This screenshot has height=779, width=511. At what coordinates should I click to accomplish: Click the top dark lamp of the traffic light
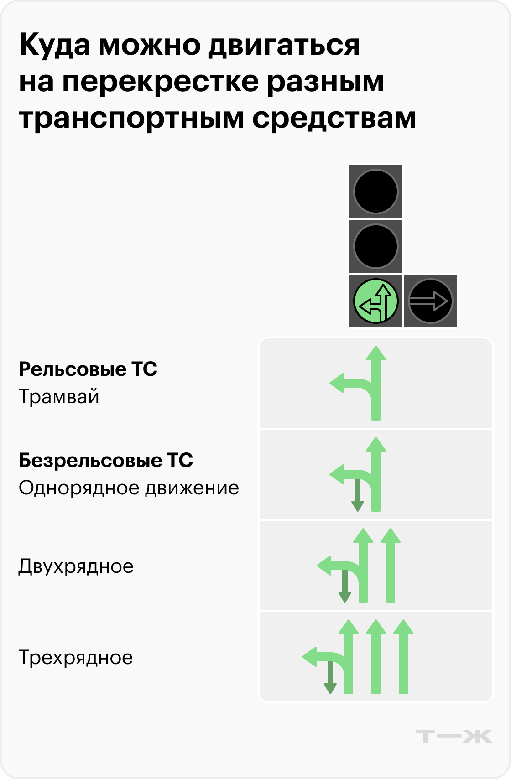click(x=376, y=192)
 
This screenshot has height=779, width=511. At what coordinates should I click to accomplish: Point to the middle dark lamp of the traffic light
click(x=376, y=246)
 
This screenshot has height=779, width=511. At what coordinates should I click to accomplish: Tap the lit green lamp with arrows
click(x=376, y=301)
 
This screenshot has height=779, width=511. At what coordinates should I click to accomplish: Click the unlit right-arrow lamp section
click(x=430, y=301)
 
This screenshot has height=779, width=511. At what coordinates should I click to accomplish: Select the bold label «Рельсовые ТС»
click(x=88, y=369)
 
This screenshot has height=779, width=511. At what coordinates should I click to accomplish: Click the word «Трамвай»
click(x=59, y=397)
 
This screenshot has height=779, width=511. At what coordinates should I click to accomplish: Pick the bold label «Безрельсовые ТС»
click(x=106, y=461)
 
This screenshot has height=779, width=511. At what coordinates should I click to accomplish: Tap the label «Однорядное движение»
click(x=129, y=488)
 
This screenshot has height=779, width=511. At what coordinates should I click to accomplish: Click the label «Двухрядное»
click(x=76, y=566)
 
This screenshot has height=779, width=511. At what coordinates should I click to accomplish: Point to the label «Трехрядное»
click(x=76, y=658)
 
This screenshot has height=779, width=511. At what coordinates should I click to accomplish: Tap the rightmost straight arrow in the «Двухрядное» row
click(x=390, y=566)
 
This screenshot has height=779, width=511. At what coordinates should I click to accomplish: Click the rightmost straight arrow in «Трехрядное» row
click(x=402, y=657)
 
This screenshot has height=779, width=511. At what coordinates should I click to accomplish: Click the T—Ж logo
click(x=454, y=736)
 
